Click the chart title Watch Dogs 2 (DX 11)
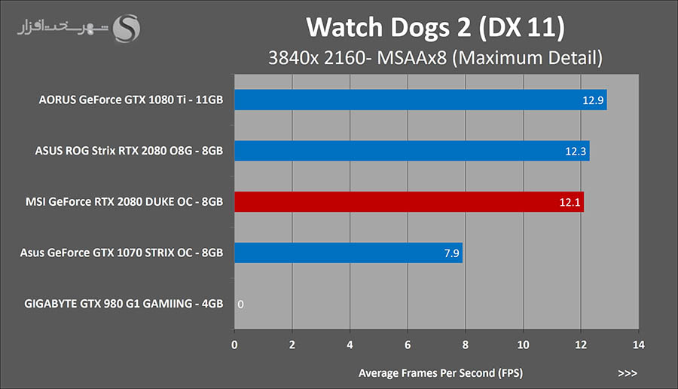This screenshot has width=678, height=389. (x=435, y=28)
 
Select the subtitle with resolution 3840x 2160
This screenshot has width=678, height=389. (x=436, y=57)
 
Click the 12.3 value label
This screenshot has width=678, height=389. (x=576, y=152)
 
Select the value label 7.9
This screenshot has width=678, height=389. (x=450, y=254)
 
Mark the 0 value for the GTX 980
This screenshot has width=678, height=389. (x=240, y=305)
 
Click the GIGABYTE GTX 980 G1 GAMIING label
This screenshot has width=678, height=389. (x=124, y=305)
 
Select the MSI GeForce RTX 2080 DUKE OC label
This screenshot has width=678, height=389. (x=124, y=202)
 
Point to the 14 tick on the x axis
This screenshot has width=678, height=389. (x=638, y=345)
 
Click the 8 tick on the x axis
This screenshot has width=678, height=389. (x=466, y=345)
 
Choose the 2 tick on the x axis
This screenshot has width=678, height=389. (x=292, y=345)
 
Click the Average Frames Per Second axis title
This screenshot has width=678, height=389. (x=441, y=372)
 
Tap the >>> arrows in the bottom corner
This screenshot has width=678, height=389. (x=627, y=372)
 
